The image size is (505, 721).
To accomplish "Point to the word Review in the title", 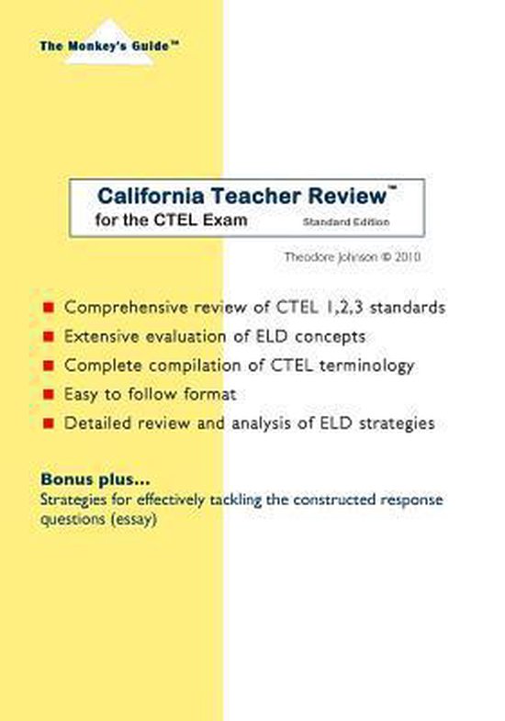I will (348, 196).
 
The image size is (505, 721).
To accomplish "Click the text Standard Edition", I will (347, 221).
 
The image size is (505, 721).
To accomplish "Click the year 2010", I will (407, 258).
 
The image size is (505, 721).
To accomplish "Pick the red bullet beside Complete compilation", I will (49, 366).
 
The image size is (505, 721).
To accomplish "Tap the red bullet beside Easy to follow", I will (49, 396).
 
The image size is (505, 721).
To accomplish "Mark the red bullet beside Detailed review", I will (49, 425).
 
